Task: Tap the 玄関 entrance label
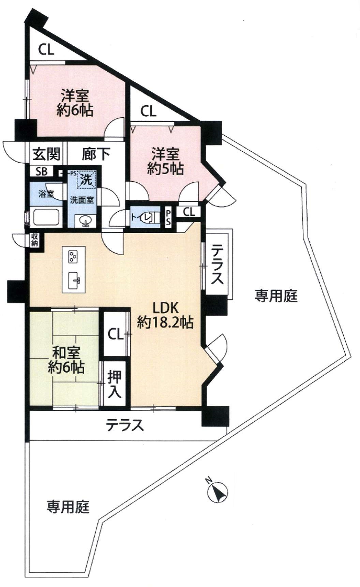pos(47,154)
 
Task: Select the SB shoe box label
pos(42,171)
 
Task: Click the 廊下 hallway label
pos(96,154)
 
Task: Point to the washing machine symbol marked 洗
pos(87,179)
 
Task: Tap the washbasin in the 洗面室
pos(85,222)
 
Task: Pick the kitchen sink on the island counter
pos(74,281)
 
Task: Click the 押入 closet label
pos(115,384)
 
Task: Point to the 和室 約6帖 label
pos(66,360)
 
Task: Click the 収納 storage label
pos(35,240)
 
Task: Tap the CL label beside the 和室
pos(116,334)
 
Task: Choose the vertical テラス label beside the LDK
pos(217,265)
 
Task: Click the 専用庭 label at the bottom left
pos(68,507)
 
